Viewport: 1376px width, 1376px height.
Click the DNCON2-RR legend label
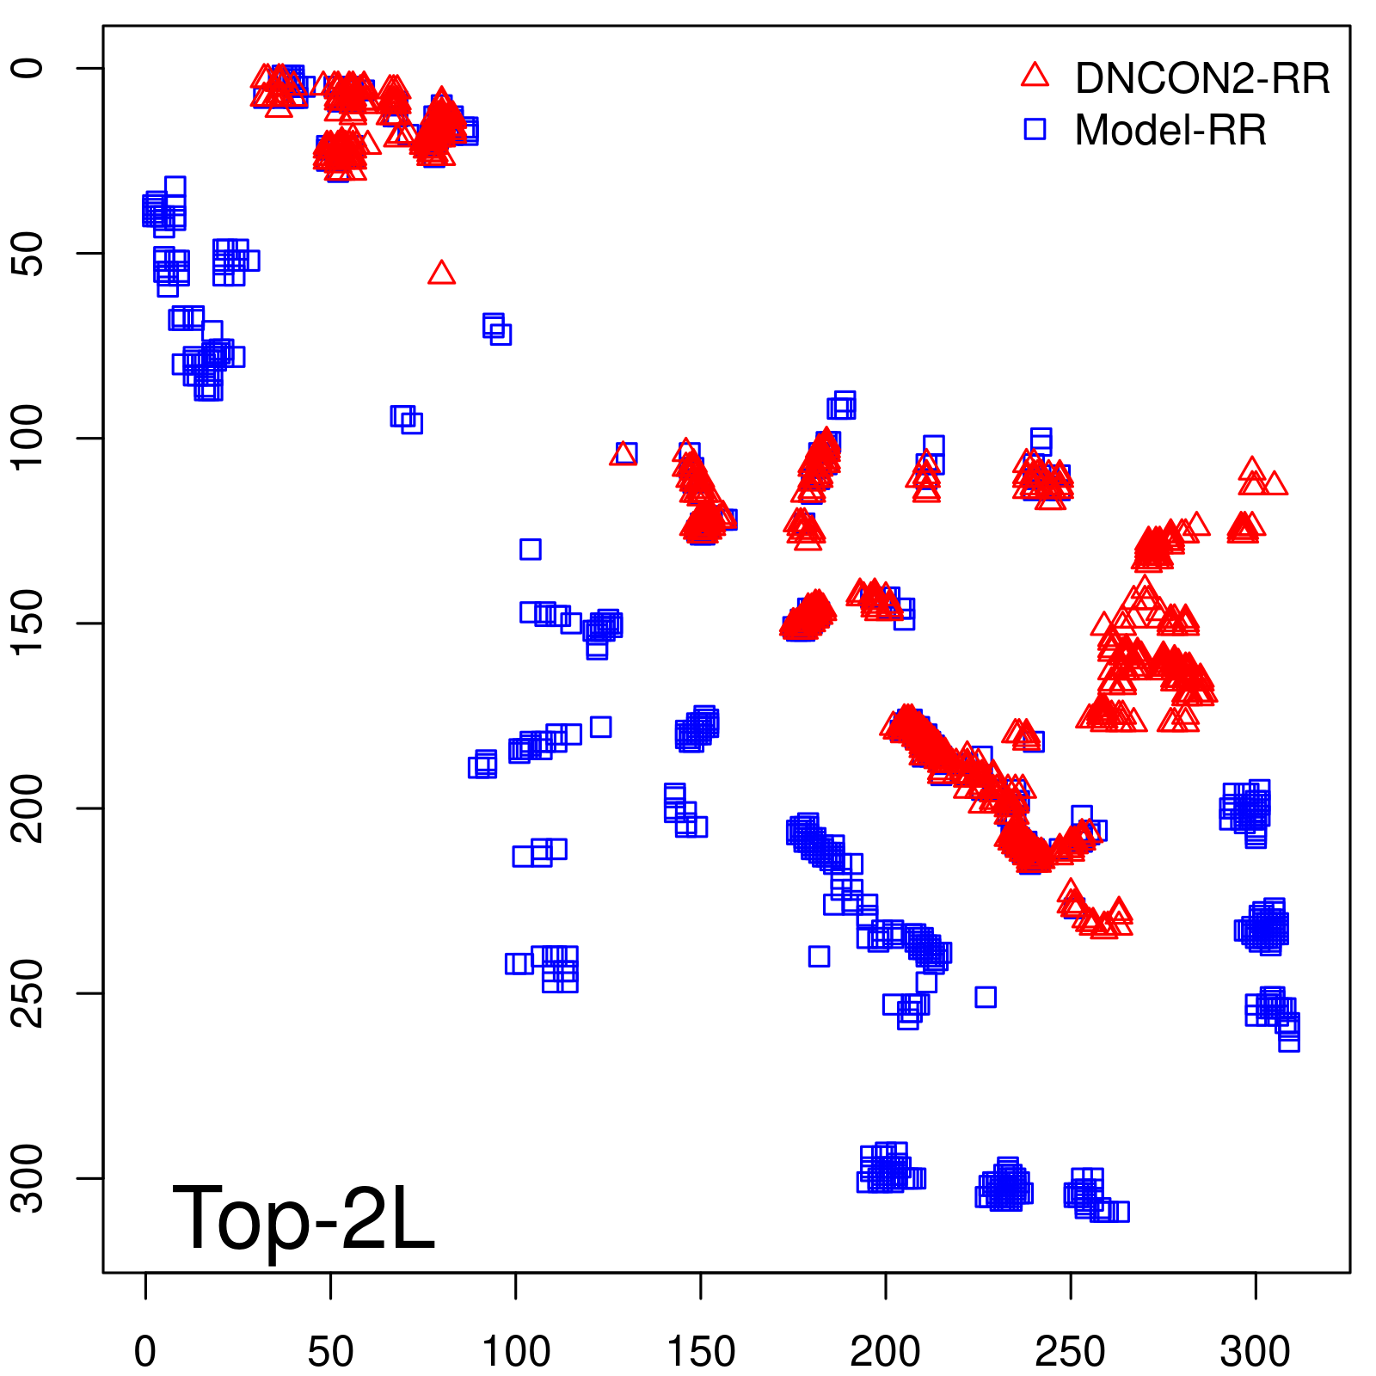tap(1201, 79)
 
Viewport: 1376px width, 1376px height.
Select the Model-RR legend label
tap(1170, 131)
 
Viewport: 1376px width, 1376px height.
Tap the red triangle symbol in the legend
tap(1035, 76)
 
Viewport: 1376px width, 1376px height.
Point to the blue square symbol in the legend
tap(1035, 130)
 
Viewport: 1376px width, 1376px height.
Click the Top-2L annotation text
tap(304, 1218)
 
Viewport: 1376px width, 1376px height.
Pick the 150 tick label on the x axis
tap(701, 1352)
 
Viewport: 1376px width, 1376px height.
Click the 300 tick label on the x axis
tap(1256, 1352)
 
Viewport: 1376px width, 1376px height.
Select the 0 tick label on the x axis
tap(145, 1352)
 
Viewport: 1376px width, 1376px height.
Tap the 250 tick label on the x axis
tap(1071, 1352)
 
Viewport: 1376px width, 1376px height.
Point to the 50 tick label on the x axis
tap(331, 1352)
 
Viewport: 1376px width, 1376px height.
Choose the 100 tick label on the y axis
tap(28, 439)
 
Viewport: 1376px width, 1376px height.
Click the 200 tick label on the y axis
tap(28, 808)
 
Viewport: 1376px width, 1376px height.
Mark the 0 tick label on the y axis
tap(28, 69)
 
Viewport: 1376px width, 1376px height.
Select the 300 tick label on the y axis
tap(28, 1178)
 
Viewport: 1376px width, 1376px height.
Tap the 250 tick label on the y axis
tap(28, 993)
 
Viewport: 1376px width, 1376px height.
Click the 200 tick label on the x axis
tap(886, 1352)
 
